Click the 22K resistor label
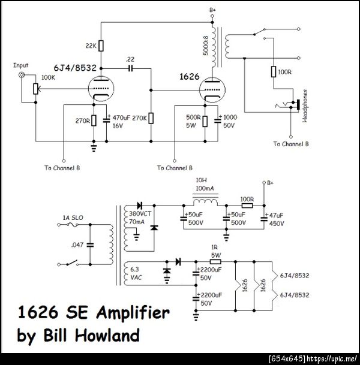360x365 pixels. coord(91,46)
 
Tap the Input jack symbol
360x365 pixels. coord(22,75)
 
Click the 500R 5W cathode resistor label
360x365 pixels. coord(194,120)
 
